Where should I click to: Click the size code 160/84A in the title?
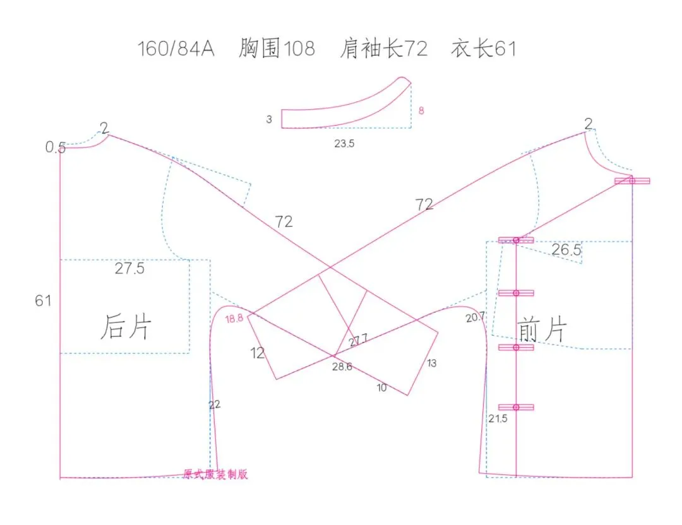point(176,49)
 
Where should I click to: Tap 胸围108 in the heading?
point(277,49)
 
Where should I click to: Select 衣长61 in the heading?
point(483,49)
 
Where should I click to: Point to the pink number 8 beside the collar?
point(421,111)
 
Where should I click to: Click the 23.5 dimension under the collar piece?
point(344,144)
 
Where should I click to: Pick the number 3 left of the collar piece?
point(269,119)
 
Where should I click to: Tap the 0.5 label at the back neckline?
point(55,148)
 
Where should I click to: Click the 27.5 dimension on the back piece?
point(129,269)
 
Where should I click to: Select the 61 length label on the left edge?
point(43,301)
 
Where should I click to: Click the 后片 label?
point(126,327)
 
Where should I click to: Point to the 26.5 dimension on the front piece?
point(566,250)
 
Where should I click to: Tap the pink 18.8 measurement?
point(234,319)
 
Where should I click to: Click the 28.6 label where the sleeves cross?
point(342,367)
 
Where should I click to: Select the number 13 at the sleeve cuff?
point(431,363)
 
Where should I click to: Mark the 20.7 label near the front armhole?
point(476,318)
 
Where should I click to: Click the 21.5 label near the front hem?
point(497,418)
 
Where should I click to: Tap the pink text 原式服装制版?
point(215,475)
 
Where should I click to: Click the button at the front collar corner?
point(632,181)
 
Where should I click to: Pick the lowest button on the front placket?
point(516,407)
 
